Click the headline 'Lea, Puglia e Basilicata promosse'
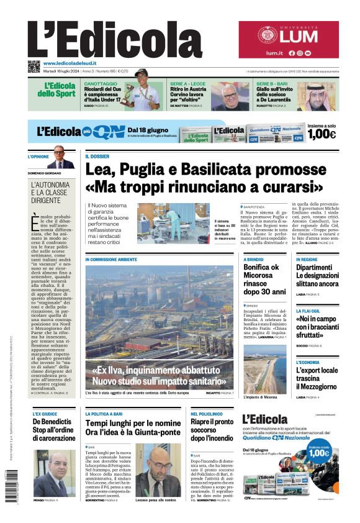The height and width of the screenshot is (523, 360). [204, 169]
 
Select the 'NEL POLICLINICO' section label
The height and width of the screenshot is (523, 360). [207, 413]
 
